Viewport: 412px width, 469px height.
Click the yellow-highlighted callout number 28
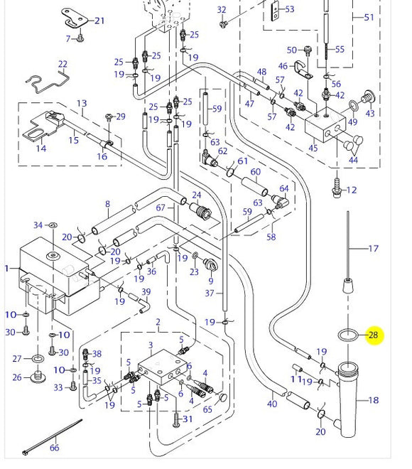coord(373,335)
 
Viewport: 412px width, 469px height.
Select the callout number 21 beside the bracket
coord(99,21)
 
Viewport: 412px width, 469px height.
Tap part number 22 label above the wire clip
coord(63,65)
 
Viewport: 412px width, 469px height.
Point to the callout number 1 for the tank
coord(7,269)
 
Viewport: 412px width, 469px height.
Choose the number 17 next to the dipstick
coord(374,249)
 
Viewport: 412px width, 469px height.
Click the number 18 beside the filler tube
coord(374,400)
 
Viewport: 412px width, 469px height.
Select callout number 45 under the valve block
coord(313,149)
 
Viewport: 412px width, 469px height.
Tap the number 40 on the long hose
coord(271,404)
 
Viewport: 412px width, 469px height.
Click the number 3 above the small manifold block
coord(150,345)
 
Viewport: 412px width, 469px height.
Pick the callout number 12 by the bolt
coord(351,190)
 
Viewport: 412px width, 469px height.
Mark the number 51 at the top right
coord(368,17)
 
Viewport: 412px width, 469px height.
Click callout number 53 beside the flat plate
coord(289,9)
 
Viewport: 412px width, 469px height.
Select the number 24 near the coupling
coord(197,195)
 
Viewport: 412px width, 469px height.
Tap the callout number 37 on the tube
coord(210,293)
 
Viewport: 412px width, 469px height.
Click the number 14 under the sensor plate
coord(41,149)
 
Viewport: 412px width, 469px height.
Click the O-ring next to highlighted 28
coord(347,335)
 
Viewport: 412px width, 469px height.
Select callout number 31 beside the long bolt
coord(188,419)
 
